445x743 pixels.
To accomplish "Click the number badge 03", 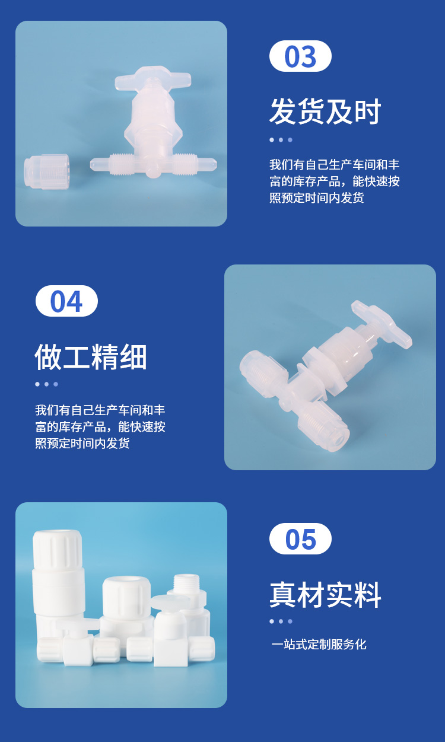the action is [300, 56].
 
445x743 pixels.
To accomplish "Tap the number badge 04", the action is [66, 301].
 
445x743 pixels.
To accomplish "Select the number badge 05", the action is [300, 539].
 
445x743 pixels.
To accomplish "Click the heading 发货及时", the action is [325, 111].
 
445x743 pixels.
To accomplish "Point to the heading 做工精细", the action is [91, 357].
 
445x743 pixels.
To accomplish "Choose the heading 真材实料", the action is [325, 595].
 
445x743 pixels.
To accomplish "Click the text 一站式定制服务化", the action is [319, 644].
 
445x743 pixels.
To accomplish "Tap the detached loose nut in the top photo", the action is [46, 171].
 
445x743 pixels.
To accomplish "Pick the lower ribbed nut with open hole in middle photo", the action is [323, 426].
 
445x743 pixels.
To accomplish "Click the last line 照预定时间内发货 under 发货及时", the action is [317, 198].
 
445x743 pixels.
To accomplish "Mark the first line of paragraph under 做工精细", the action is [100, 410].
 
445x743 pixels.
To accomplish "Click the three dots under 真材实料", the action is [281, 621].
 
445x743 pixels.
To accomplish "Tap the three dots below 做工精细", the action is [46, 384].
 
